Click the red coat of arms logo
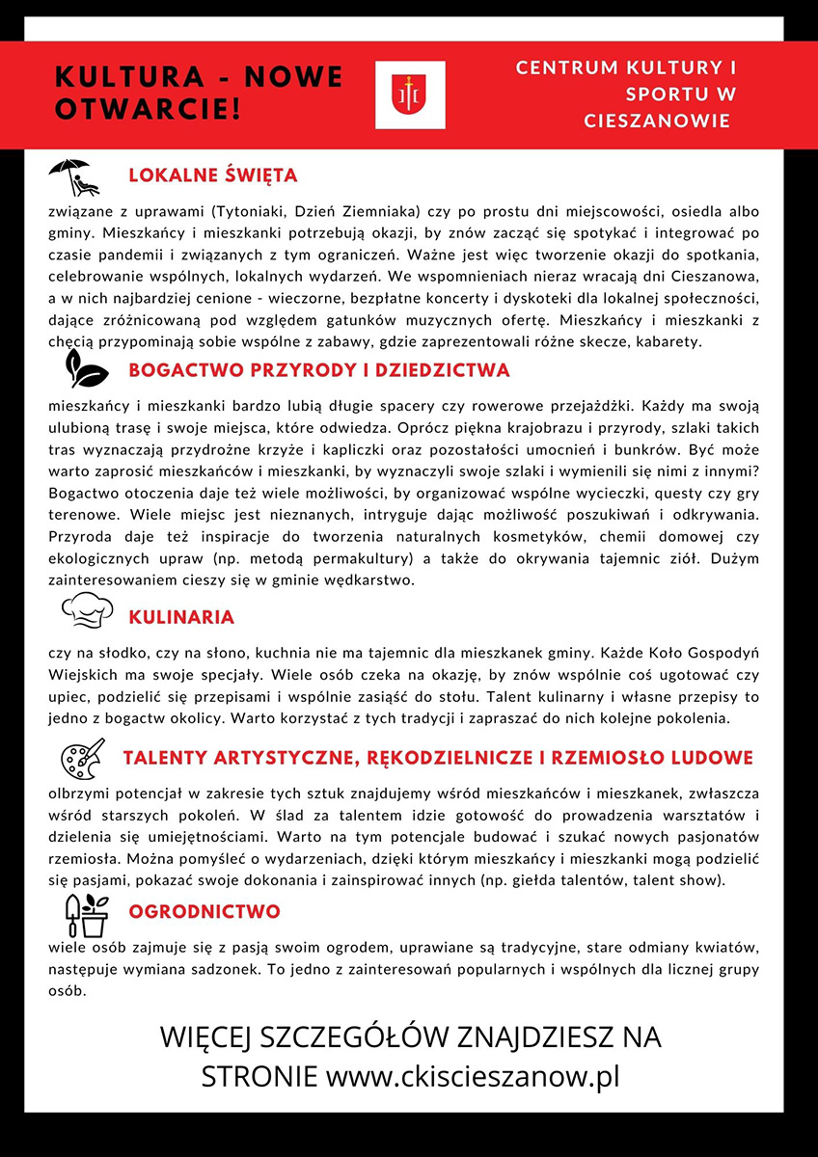(x=410, y=94)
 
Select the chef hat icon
(x=87, y=609)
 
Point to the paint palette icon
(x=82, y=759)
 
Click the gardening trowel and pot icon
(x=85, y=914)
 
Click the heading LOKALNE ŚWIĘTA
(x=212, y=176)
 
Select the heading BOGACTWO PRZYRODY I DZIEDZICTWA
(x=318, y=371)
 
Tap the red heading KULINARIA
(x=181, y=617)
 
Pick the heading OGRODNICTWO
(x=204, y=912)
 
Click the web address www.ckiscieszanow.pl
(x=473, y=1076)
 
